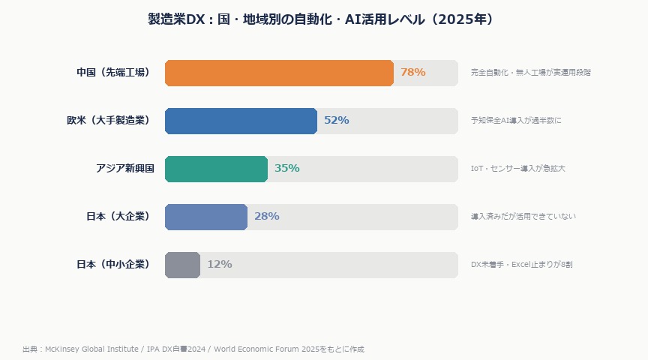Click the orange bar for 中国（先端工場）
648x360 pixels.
279,73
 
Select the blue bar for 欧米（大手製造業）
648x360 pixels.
241,121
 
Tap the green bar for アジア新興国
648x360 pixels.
216,169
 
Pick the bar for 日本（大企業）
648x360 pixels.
206,217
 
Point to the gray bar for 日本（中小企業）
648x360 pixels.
182,265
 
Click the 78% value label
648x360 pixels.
412,73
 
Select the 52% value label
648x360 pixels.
336,121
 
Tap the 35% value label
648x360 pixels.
286,169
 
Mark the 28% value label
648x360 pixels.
266,217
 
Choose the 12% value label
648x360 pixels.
219,265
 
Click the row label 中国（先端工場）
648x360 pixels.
115,73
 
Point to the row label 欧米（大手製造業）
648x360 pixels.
109,121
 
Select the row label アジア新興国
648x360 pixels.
124,169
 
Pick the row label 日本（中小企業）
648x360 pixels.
115,265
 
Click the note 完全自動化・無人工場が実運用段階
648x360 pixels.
530,73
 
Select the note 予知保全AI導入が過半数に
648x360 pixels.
515,121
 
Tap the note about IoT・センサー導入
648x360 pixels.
517,169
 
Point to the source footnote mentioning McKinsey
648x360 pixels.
193,349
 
